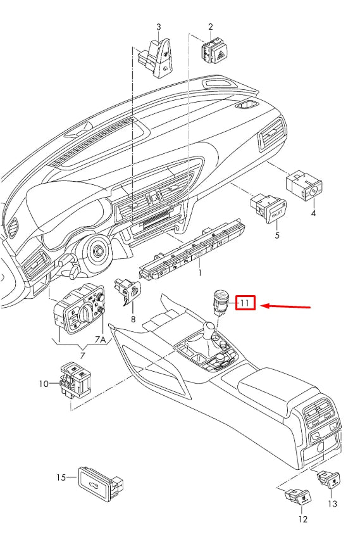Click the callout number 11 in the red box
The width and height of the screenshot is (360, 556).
245,304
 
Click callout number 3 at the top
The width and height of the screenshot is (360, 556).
159,27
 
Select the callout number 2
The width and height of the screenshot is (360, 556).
210,27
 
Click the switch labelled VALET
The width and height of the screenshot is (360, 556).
270,209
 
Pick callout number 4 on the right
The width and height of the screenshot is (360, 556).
313,213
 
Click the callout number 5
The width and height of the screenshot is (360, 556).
276,236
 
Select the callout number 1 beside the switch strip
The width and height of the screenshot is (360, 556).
200,272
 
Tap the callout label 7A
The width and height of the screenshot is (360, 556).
101,340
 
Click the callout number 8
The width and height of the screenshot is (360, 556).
133,319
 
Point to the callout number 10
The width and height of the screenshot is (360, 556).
44,384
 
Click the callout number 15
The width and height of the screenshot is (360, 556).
61,477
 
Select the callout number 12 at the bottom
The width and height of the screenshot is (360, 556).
302,519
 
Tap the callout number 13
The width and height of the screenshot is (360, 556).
333,503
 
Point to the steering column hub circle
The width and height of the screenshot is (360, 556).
98,253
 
